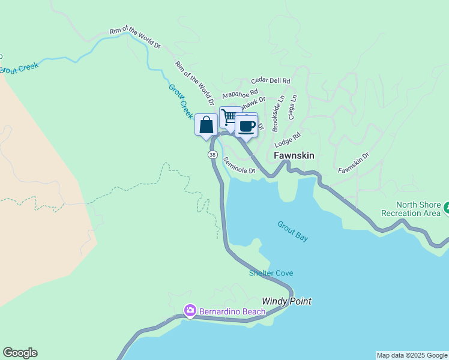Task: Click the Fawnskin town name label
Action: (x=294, y=155)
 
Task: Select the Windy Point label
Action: (x=286, y=301)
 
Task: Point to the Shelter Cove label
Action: (x=271, y=274)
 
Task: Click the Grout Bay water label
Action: (x=292, y=231)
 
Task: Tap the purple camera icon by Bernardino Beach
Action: (x=190, y=310)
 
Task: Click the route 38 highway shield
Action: (x=212, y=155)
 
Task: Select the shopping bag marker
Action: (x=206, y=125)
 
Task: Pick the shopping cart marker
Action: (x=229, y=117)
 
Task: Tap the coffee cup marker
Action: (x=246, y=126)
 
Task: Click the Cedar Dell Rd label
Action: (x=271, y=80)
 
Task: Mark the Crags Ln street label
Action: (x=292, y=106)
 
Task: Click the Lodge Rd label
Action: (x=287, y=141)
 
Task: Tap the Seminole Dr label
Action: (x=239, y=166)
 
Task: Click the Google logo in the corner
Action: (x=20, y=353)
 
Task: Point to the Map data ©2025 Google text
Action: (x=412, y=355)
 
